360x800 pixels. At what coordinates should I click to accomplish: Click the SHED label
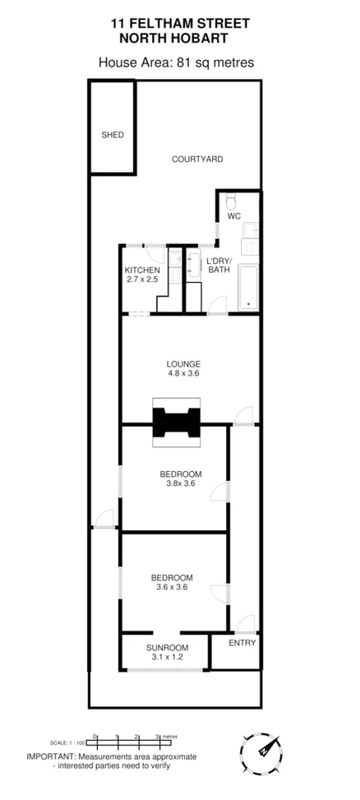click(x=112, y=135)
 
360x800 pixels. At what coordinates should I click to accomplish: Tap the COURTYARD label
click(x=196, y=159)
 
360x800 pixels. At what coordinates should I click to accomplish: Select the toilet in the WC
click(x=232, y=200)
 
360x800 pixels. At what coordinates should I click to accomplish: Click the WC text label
click(x=233, y=216)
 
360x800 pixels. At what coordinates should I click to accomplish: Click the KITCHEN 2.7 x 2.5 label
click(x=142, y=275)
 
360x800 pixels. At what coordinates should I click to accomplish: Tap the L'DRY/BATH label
click(x=219, y=265)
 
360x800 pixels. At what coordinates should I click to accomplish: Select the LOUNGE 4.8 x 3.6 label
click(x=183, y=368)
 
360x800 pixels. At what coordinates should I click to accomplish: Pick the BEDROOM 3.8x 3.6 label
click(x=180, y=478)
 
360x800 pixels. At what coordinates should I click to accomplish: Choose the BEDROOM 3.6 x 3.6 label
click(x=172, y=581)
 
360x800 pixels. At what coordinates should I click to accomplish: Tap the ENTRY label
click(x=242, y=643)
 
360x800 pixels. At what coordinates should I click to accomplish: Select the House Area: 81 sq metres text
click(x=176, y=61)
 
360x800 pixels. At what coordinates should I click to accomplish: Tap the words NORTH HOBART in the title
click(x=174, y=38)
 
